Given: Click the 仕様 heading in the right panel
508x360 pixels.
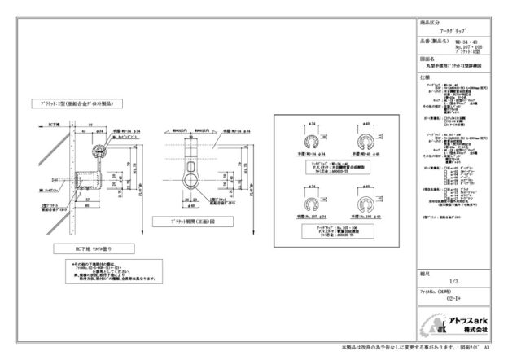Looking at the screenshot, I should [425, 77].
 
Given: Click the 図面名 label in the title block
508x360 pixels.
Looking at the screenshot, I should [428, 59].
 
